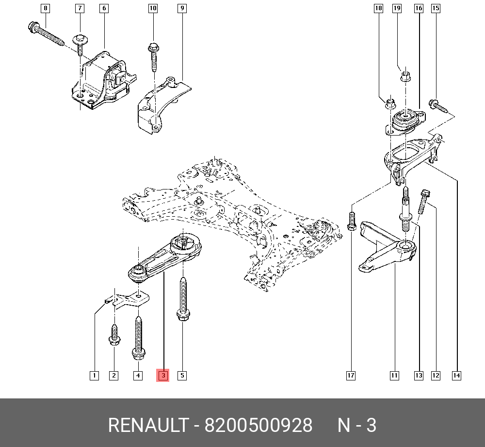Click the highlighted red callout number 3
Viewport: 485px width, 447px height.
point(162,376)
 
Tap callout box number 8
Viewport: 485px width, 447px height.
point(46,8)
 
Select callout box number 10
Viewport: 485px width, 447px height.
point(153,8)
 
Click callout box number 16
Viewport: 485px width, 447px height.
point(419,8)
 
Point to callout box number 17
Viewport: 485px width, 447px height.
point(351,376)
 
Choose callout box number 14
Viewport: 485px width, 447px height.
point(456,376)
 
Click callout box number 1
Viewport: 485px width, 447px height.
point(95,376)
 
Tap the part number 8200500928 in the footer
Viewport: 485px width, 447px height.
point(259,425)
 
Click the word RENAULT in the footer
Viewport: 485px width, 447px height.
point(148,425)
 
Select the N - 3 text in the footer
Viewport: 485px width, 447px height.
point(356,425)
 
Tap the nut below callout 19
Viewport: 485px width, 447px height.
point(405,76)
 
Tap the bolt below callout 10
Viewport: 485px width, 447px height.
point(154,57)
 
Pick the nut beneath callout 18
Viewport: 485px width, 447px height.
point(390,103)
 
